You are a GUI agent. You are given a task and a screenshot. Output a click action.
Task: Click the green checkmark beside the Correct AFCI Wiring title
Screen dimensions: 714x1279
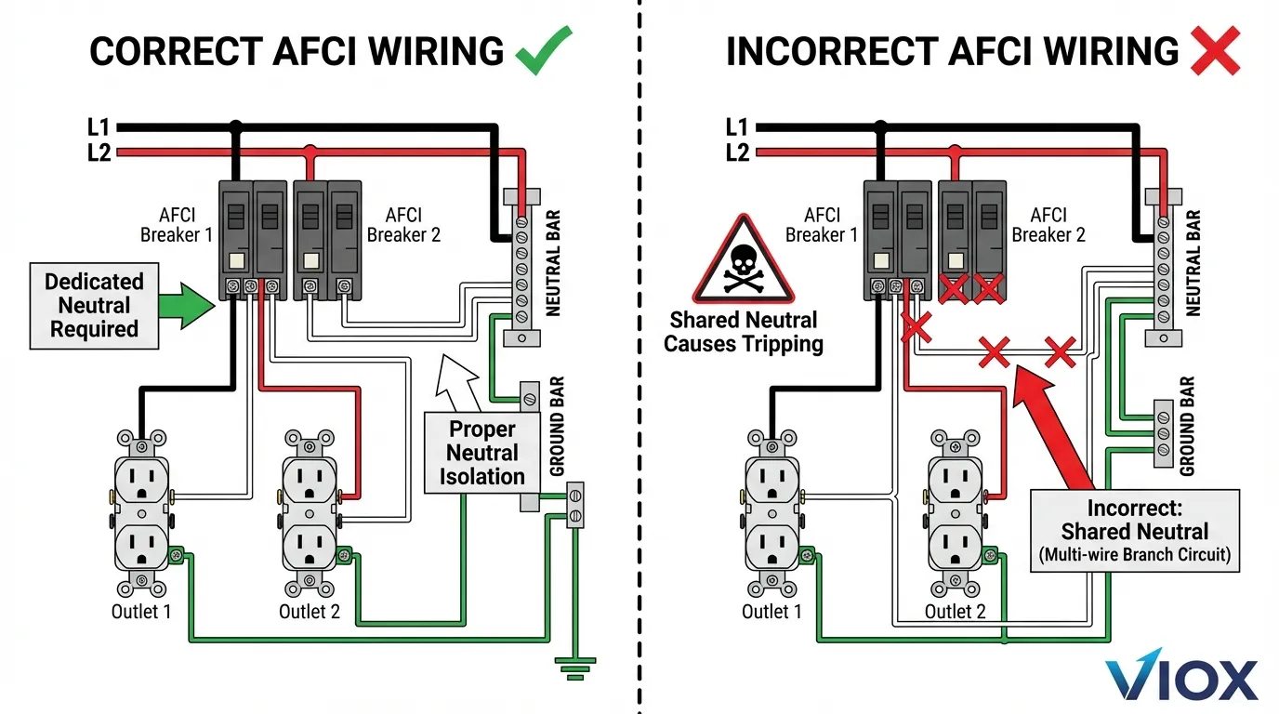pos(543,49)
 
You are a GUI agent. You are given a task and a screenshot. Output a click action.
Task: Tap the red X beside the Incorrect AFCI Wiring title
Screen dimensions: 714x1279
pos(1215,49)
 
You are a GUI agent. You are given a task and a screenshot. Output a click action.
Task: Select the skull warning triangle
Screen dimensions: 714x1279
pos(743,261)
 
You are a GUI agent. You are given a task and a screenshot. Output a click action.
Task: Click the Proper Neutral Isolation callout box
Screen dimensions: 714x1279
pos(481,453)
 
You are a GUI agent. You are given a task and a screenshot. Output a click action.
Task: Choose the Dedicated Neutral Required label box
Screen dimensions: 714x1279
pos(94,305)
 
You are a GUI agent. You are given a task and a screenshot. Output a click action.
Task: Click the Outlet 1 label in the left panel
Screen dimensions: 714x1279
pos(141,612)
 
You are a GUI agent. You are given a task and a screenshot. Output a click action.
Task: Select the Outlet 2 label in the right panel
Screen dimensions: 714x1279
pos(955,612)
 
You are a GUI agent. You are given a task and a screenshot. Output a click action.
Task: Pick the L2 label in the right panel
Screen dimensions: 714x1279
pos(736,152)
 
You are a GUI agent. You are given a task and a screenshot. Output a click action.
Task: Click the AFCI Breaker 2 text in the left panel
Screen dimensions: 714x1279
pos(403,224)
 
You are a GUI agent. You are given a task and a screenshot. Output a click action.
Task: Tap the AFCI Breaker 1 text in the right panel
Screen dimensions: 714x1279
pos(822,224)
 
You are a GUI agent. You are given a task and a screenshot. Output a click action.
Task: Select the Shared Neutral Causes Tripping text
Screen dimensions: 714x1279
pos(744,332)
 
